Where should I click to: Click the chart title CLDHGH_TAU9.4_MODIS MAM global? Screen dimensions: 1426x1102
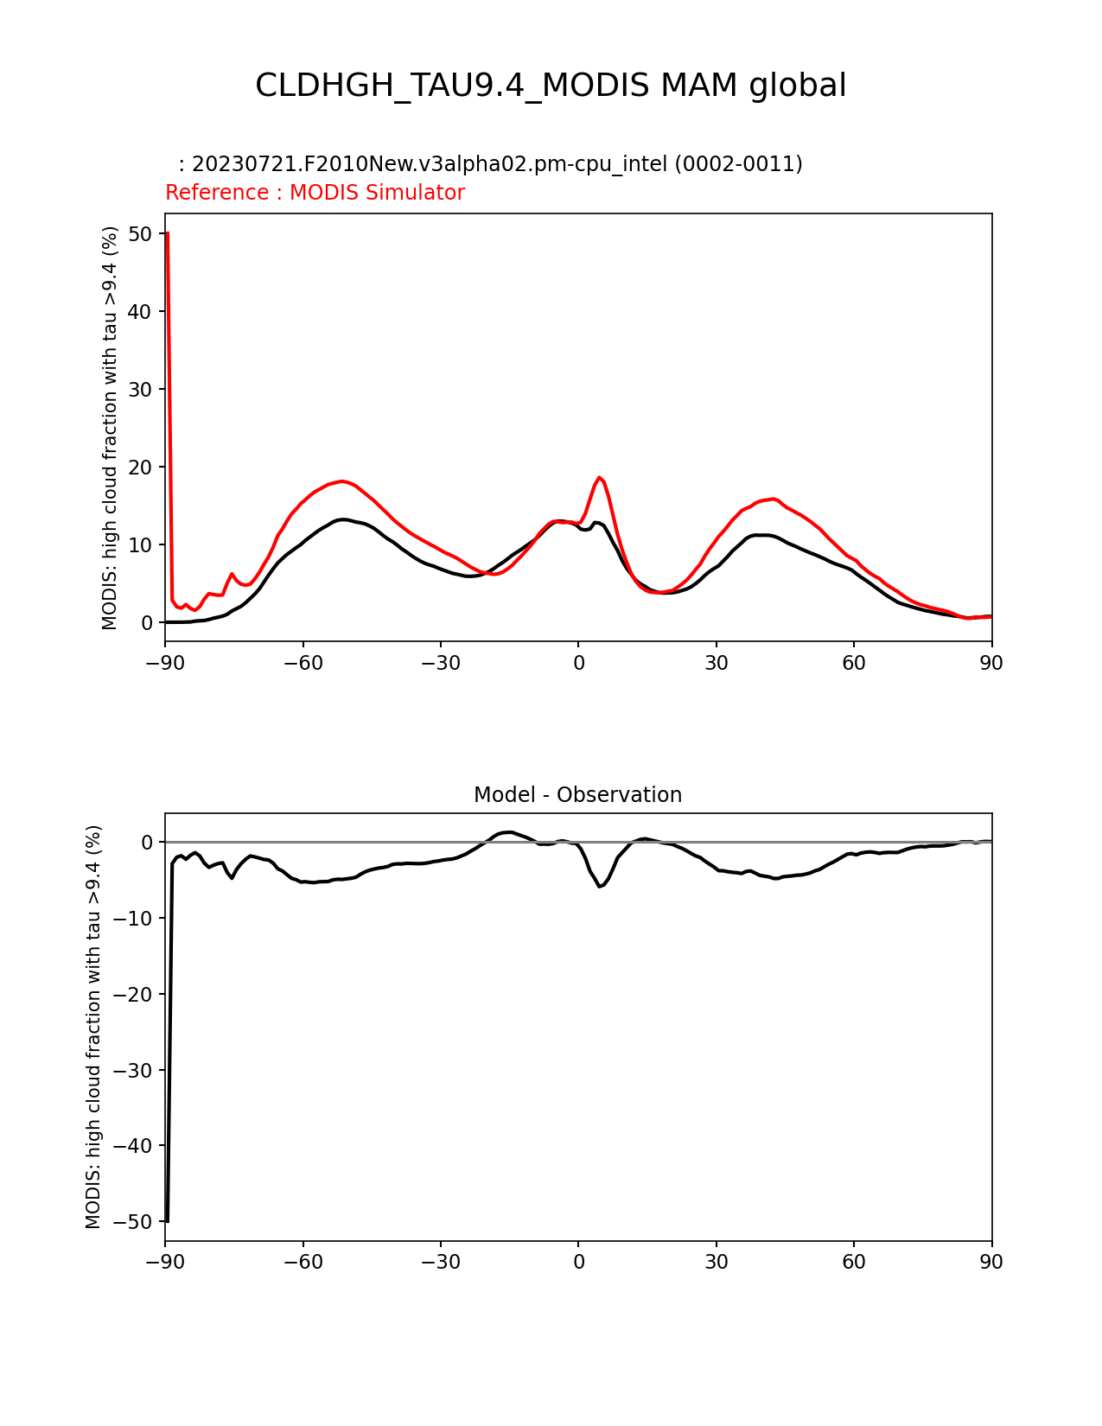coord(551,86)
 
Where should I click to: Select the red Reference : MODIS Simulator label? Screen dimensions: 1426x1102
coord(315,193)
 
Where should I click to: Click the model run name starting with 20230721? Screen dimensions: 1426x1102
coord(497,164)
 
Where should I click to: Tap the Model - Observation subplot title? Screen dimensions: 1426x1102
coord(577,795)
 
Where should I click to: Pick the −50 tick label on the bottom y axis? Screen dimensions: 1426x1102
coord(134,1222)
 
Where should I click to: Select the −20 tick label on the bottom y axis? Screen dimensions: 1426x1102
coord(134,995)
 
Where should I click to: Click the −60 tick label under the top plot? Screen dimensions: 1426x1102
coord(303,663)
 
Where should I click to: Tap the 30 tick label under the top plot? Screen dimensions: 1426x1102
coord(717,663)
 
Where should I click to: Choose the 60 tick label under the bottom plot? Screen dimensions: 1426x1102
coord(854,1263)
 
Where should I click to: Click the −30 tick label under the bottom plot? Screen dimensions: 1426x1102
coord(440,1263)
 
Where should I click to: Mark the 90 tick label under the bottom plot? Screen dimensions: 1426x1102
coord(991,1263)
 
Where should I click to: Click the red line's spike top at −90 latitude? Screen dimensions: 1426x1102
coord(167,233)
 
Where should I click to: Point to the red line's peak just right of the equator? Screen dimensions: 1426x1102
coord(599,477)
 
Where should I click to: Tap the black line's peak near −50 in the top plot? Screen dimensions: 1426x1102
coord(343,519)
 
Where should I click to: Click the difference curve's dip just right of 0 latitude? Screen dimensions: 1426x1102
coord(600,887)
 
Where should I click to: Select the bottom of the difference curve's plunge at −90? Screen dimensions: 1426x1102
coord(167,1221)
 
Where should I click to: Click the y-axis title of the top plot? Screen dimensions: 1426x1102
coord(110,428)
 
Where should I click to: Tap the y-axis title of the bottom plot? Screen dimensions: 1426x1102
coord(93,1027)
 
